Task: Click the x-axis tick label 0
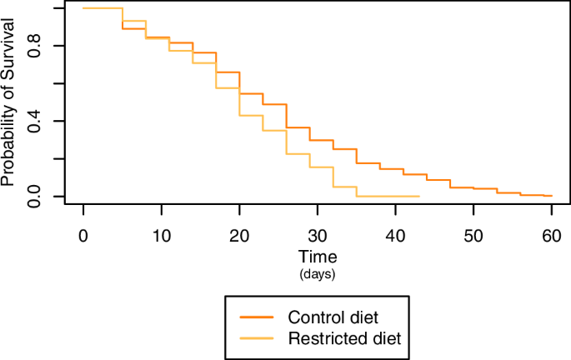(83, 237)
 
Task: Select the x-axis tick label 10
(161, 237)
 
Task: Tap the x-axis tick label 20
(239, 237)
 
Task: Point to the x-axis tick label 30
(317, 237)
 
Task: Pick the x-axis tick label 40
(395, 237)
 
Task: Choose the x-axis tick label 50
(473, 237)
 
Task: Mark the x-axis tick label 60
(551, 237)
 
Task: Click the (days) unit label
(317, 273)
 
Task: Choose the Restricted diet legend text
(344, 338)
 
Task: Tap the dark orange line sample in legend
(258, 317)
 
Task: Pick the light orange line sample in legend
(258, 338)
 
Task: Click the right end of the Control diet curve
(552, 196)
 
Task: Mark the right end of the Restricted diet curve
(418, 197)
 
